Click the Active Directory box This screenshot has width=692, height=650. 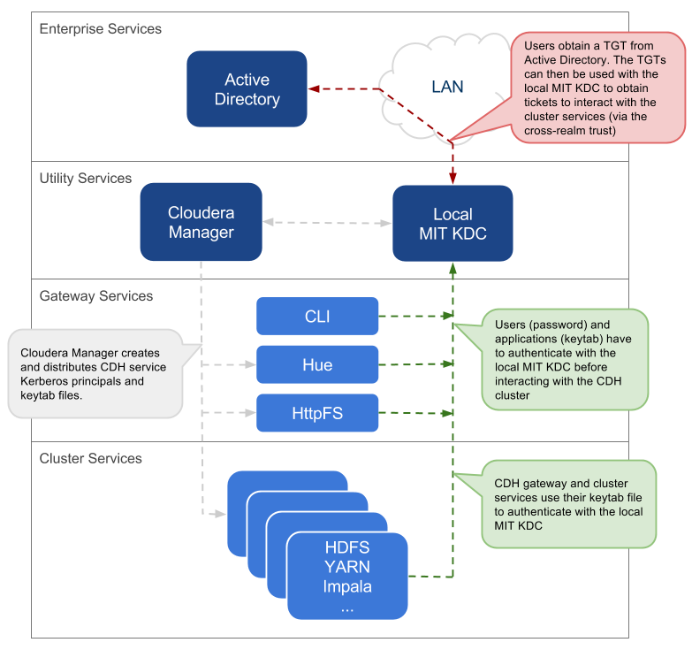click(247, 88)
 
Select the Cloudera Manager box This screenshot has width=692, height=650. click(201, 222)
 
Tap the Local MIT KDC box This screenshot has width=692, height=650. click(452, 224)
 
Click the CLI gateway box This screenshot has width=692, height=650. click(317, 316)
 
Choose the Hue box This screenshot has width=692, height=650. click(317, 364)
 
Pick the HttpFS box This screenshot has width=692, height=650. click(317, 413)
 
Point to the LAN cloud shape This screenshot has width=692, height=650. click(447, 87)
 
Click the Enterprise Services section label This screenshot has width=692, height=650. click(101, 29)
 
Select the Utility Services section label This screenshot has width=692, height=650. click(86, 179)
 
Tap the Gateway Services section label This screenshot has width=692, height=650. click(96, 296)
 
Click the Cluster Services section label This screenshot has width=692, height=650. click(91, 459)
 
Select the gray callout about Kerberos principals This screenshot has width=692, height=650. click(95, 372)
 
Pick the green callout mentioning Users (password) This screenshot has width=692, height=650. click(564, 360)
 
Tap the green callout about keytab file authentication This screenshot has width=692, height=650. click(569, 504)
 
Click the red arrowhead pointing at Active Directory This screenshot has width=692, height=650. click(313, 88)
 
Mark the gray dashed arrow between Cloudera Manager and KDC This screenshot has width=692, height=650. click(327, 223)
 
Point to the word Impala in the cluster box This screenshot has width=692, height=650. click(347, 586)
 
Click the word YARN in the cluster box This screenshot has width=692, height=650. click(347, 567)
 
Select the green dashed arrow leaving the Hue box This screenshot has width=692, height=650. click(414, 363)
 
